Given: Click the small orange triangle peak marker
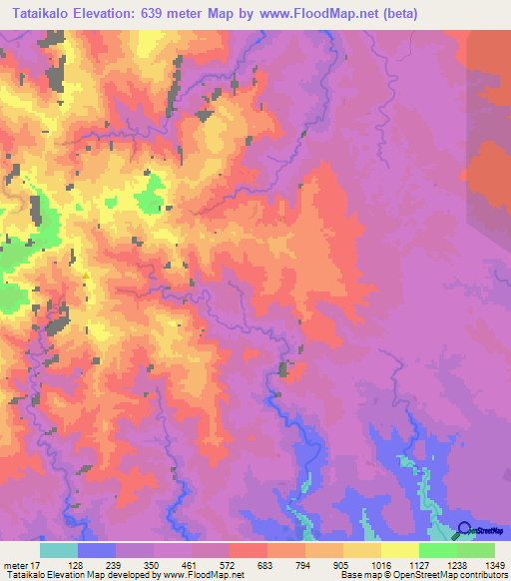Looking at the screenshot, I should [x=87, y=276].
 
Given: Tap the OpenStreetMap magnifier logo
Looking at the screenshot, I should [x=464, y=530].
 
